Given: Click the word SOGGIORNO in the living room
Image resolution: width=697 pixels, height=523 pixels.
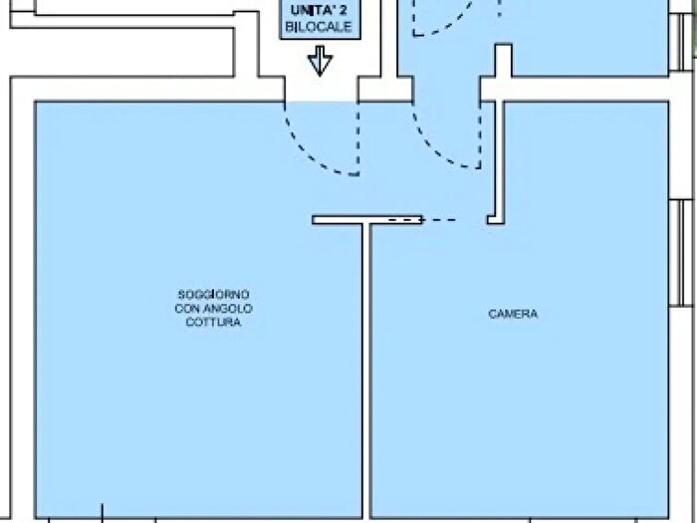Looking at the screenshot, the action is pos(213,295).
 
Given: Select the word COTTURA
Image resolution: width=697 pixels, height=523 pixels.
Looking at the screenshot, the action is pos(213,322).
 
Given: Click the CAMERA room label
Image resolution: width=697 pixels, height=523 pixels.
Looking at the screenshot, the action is pos(513,314).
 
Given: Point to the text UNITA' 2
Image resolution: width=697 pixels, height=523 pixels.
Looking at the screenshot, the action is pos(319,10).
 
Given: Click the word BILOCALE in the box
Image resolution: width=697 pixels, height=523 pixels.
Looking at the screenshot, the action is pos(319,27).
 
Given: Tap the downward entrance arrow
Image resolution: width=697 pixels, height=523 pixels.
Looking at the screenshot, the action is pos(320,61).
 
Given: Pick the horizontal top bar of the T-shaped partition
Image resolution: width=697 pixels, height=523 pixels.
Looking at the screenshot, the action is pos(366,220).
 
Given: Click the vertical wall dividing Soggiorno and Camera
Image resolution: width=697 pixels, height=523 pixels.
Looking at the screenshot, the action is pos(365,371).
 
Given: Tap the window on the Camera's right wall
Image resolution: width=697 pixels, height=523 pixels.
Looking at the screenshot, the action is pos(681,253).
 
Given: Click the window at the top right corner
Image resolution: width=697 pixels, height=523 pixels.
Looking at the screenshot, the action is pos(681,42).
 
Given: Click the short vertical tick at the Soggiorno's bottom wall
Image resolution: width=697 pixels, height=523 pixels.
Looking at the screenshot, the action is pos(103,511).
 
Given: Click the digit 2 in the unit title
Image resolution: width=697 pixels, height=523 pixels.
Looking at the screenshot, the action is pos(343,10).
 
